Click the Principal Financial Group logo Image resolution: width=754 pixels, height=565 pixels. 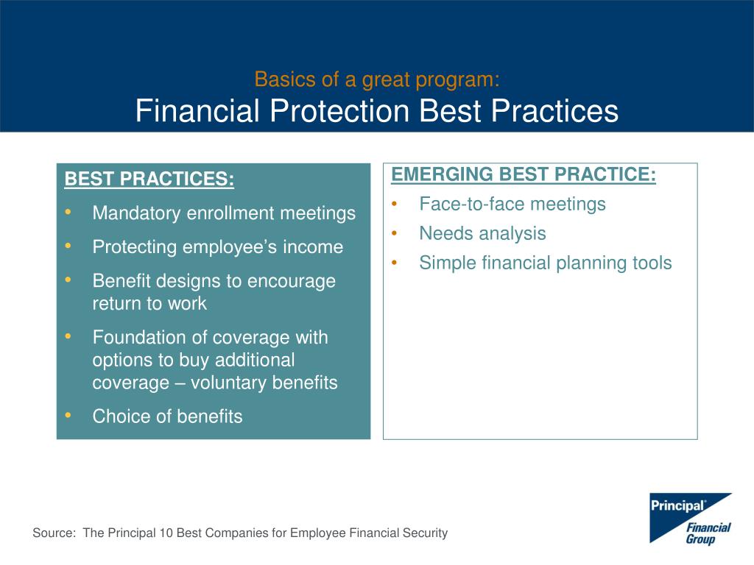(x=691, y=519)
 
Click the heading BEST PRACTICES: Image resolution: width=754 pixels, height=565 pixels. (x=149, y=179)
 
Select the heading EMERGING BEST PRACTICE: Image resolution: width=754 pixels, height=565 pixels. (x=524, y=174)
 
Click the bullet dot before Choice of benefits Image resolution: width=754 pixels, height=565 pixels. (x=68, y=415)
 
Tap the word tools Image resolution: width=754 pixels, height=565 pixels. (x=652, y=263)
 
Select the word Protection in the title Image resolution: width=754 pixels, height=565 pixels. (x=339, y=110)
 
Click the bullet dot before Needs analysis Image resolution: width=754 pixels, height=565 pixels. (x=395, y=233)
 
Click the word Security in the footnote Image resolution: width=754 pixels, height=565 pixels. (x=429, y=533)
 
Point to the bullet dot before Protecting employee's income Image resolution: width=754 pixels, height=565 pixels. (x=68, y=246)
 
